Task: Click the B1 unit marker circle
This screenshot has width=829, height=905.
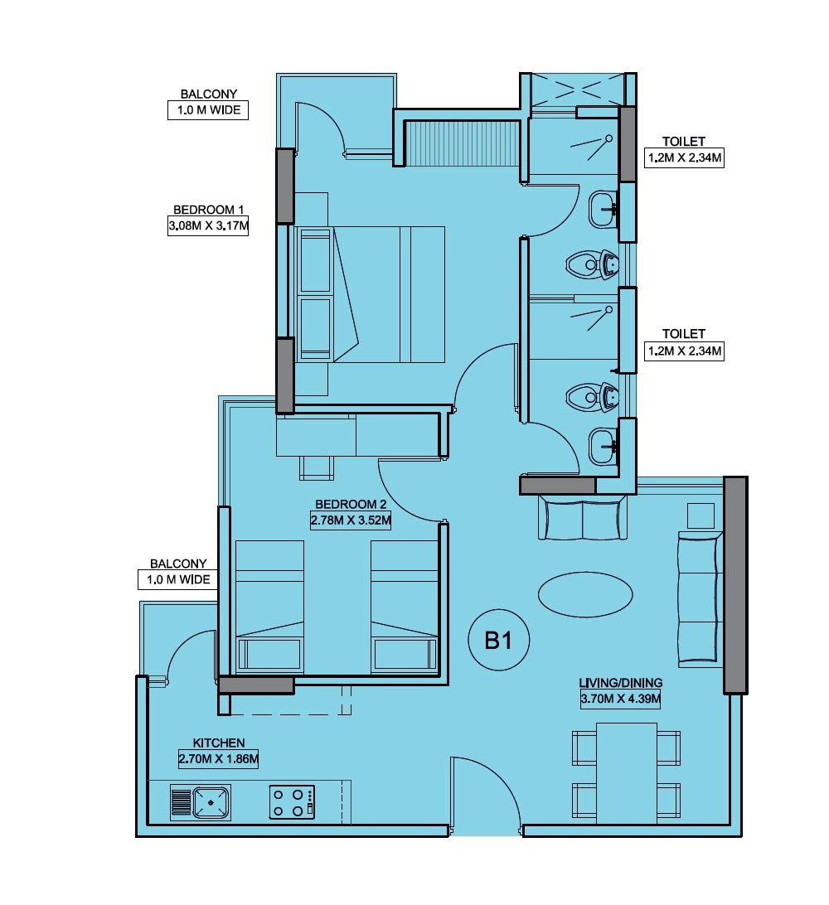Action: click(x=497, y=641)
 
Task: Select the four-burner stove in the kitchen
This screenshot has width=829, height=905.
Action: click(x=291, y=802)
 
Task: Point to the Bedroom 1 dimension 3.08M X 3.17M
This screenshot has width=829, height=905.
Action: click(x=208, y=225)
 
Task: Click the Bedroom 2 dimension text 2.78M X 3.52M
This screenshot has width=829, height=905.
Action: click(x=350, y=520)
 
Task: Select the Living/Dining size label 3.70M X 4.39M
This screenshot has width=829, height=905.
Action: click(x=620, y=699)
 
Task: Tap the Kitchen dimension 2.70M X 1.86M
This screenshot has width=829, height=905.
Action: click(x=219, y=758)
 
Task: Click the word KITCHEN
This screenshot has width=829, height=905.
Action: click(x=219, y=743)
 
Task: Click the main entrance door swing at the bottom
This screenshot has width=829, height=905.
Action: click(x=487, y=794)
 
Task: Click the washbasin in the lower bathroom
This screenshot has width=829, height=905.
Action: click(x=603, y=448)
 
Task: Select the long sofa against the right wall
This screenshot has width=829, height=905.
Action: click(x=700, y=598)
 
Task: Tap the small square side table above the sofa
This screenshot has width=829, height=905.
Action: click(x=701, y=515)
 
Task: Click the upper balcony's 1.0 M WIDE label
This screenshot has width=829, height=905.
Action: click(x=208, y=110)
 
